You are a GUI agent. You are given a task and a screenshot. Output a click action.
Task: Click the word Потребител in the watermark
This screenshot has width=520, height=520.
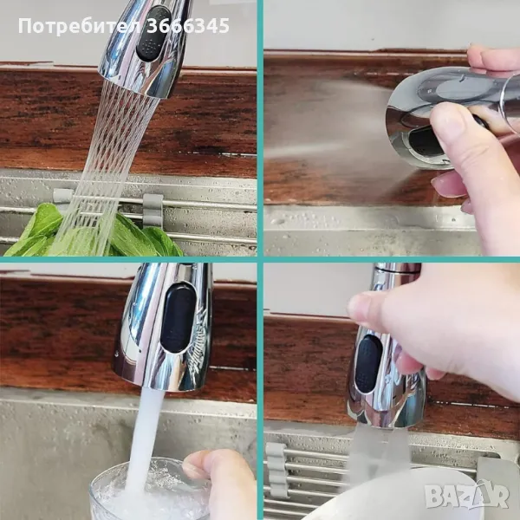pyautogui.click(x=80, y=27)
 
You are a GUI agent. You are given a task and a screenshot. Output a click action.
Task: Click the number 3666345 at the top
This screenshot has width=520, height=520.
pyautogui.click(x=187, y=26)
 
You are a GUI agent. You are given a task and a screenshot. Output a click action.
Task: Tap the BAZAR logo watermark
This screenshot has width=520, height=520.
pyautogui.click(x=467, y=496)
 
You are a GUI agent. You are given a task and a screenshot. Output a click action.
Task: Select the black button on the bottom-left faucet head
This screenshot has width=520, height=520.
pyautogui.click(x=178, y=317)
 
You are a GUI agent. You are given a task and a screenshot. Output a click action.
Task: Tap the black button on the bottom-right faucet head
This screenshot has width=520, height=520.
pyautogui.click(x=367, y=364)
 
